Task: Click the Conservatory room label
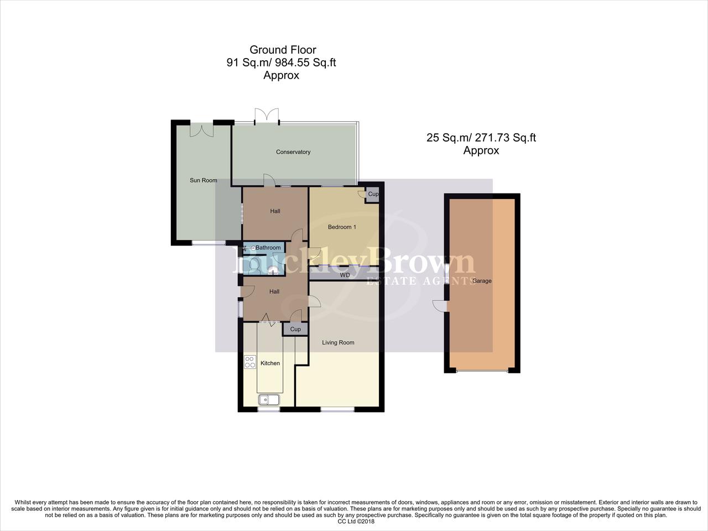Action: (293, 152)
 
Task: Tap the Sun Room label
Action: (203, 180)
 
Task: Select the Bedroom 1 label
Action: (342, 227)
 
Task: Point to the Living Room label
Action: (338, 342)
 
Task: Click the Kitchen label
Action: (270, 363)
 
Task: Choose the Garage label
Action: (481, 281)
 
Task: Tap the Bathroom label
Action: (268, 248)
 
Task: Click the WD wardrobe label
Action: (345, 275)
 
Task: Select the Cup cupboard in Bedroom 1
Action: (372, 195)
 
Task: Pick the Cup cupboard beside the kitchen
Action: (295, 329)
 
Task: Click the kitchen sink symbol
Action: (269, 399)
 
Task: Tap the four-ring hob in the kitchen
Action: (250, 362)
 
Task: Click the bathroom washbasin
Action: (272, 270)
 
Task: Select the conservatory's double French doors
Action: (266, 115)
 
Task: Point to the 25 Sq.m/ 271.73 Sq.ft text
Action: (481, 138)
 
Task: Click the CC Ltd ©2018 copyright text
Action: (356, 521)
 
